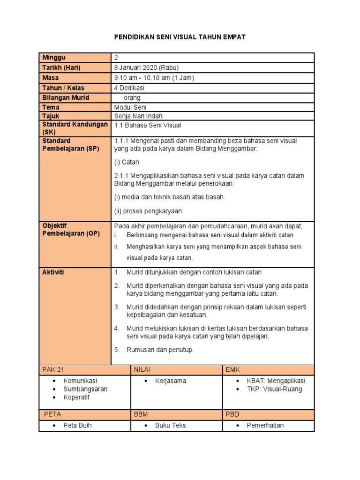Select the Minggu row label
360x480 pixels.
53,58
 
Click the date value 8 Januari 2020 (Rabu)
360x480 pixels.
146,67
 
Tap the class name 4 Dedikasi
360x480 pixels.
129,88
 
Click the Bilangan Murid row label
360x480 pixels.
66,97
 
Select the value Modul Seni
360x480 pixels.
130,107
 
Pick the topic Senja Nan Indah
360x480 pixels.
138,116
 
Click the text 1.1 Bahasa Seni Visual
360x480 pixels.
148,126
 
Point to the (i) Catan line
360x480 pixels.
127,162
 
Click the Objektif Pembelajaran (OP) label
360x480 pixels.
71,230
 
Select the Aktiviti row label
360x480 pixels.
53,272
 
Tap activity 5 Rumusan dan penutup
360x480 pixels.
160,350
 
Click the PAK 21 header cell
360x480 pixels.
52,370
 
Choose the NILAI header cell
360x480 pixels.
142,370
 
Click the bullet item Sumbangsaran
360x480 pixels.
86,389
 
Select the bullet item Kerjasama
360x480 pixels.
171,381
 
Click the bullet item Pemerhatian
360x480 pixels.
265,426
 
